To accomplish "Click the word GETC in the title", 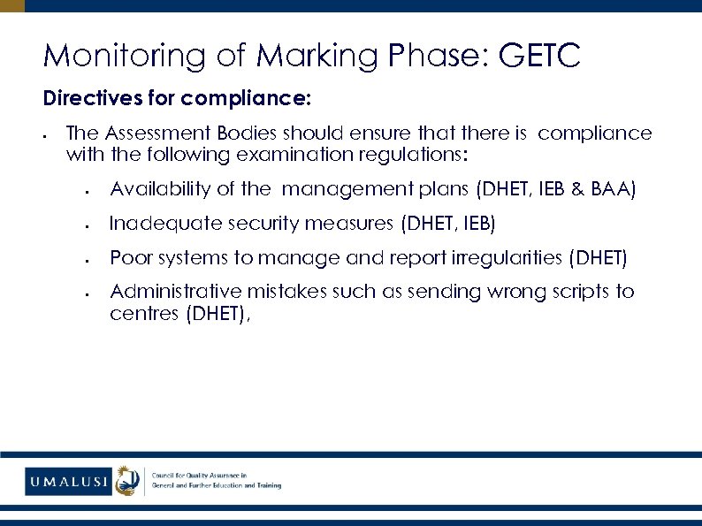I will pos(539,57).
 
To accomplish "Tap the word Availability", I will pos(162,189).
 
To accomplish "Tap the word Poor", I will pos(129,258).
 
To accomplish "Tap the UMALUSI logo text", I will pos(69,482).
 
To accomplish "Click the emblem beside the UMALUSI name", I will pos(129,481).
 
